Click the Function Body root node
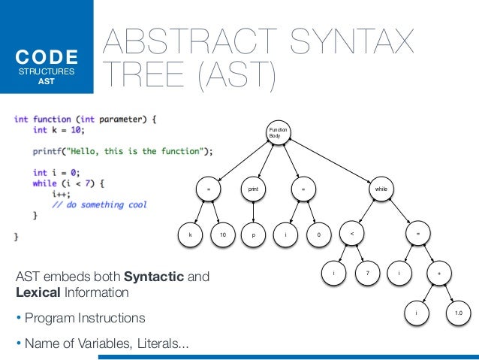point(279,134)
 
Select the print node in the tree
point(253,190)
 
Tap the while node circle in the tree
point(384,190)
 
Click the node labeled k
point(190,236)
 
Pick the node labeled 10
point(223,236)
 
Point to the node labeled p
point(254,236)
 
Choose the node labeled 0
point(319,236)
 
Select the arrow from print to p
point(253,213)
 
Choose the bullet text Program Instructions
point(85,318)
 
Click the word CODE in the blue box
point(49,57)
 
